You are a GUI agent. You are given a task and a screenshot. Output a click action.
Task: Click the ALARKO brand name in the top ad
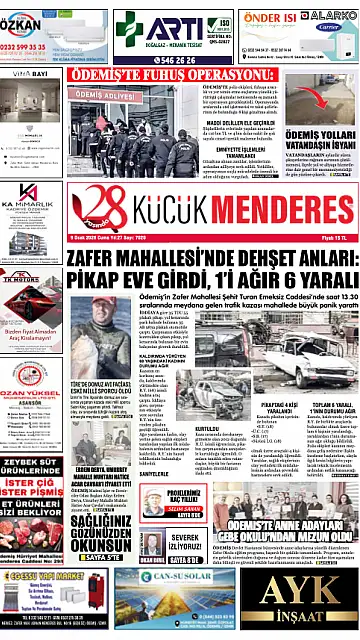[330, 17]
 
